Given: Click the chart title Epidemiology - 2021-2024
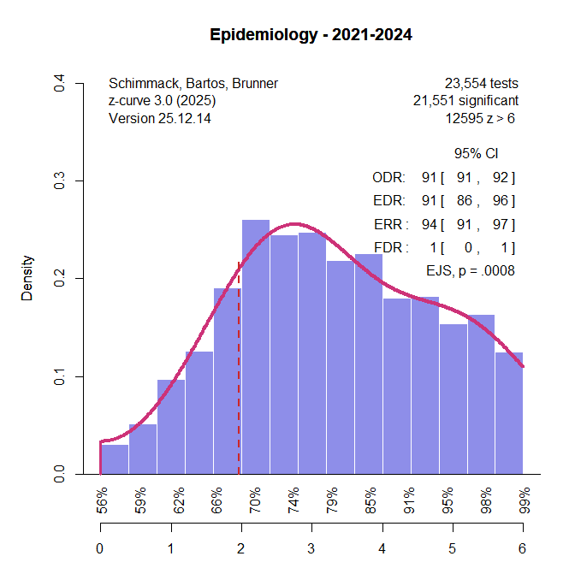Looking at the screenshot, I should point(311,36).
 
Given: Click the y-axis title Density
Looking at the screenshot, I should point(27,278).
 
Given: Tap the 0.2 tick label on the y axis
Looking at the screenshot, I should point(59,278).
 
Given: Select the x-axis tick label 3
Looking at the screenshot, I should point(311,548).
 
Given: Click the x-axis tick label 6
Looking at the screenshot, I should point(522,548).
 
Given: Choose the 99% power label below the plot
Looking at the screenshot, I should point(523,498).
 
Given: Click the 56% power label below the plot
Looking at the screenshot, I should point(102,498).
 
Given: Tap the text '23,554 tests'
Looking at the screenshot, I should point(481,84).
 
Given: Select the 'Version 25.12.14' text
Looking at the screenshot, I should point(160,118).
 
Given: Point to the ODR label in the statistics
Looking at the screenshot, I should point(389,179).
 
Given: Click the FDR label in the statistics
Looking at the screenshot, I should point(392,247).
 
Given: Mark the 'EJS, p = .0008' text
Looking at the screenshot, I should point(470,270).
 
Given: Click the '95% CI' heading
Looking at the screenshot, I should point(476,154).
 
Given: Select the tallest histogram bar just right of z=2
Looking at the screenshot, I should point(256,346).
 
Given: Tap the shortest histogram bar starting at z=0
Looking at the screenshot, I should point(115,459).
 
